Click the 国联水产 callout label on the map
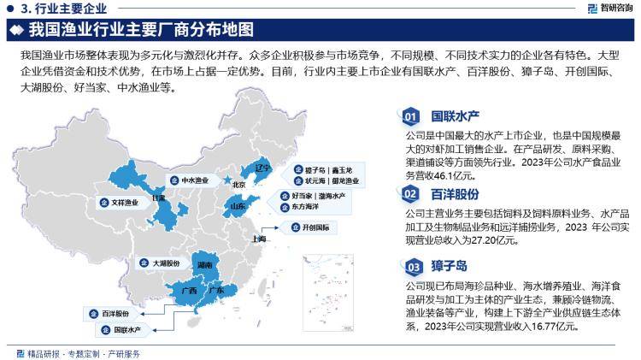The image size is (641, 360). click(x=121, y=328)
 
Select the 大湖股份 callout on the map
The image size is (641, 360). click(x=162, y=264)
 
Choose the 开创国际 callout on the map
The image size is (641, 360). click(x=309, y=227)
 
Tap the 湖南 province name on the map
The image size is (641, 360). click(x=204, y=266)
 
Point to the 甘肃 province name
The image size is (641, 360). click(x=158, y=198)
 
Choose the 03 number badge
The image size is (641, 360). click(x=412, y=268)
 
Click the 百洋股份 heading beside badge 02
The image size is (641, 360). click(x=454, y=194)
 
